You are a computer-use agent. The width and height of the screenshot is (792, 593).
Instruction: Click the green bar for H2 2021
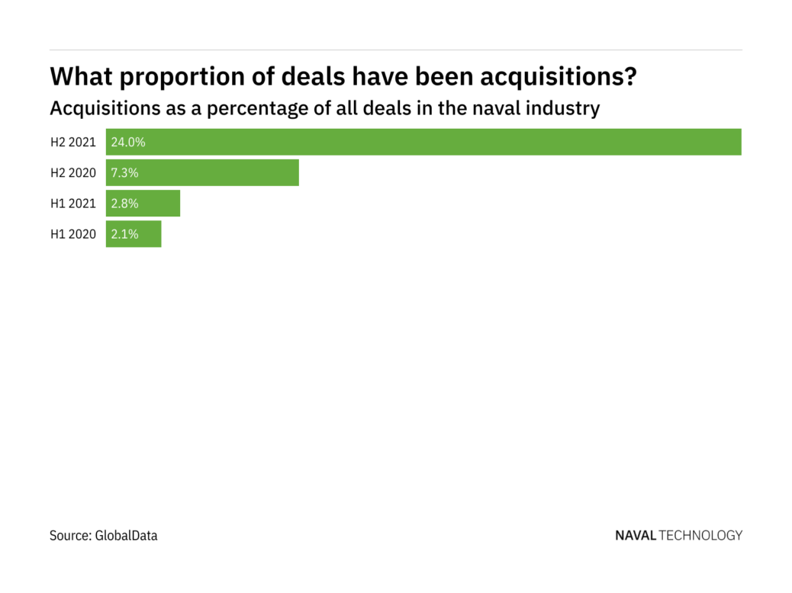click(x=423, y=142)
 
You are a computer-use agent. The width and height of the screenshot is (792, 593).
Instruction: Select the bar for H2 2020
click(x=202, y=173)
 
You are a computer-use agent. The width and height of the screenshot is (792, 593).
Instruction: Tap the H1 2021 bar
click(x=143, y=204)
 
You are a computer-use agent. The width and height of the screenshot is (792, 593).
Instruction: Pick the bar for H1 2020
click(x=134, y=234)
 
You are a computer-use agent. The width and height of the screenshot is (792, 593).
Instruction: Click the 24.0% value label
click(x=127, y=142)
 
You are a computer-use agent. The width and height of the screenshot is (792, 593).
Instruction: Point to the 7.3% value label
click(x=124, y=173)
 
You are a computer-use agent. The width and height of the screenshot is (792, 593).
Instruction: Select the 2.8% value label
click(x=124, y=204)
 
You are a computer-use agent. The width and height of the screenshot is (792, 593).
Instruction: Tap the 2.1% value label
click(x=124, y=234)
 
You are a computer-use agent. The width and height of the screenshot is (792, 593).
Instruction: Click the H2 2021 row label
click(x=73, y=142)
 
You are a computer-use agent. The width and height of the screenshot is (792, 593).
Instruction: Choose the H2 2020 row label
click(x=73, y=173)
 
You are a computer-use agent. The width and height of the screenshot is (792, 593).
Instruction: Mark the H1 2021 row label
click(x=73, y=204)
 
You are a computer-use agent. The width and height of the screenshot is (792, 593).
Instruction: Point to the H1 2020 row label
click(x=73, y=234)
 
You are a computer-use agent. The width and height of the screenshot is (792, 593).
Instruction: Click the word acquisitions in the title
click(x=559, y=77)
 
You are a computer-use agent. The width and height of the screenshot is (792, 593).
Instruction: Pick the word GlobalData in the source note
click(x=126, y=536)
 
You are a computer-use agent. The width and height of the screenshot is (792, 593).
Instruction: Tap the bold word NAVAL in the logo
click(x=635, y=536)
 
